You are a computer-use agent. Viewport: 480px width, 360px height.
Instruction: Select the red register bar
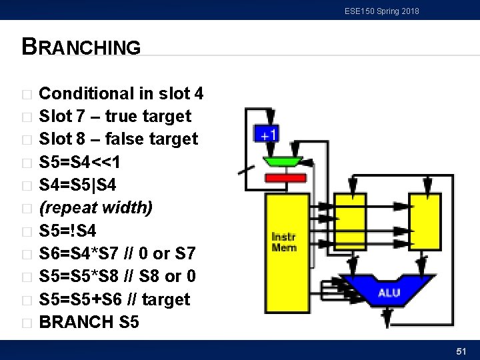tap(285, 178)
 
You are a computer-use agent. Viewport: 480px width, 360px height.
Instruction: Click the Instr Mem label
tap(284, 242)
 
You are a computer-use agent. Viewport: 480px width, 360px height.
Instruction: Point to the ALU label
tap(389, 292)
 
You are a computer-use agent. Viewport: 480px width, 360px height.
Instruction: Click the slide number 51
tap(461, 350)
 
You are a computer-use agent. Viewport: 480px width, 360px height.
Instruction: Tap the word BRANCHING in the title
tap(81, 47)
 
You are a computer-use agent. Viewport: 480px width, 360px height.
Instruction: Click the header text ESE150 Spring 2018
tap(382, 11)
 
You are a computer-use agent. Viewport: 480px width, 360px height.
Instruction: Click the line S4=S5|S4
tap(78, 185)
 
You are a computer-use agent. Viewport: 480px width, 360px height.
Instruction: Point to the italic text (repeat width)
tap(96, 208)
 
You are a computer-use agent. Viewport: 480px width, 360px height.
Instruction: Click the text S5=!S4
tap(68, 231)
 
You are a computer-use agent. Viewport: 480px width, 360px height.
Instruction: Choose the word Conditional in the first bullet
tap(85, 93)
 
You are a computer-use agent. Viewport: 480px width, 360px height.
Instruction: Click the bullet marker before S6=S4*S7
tap(26, 254)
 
